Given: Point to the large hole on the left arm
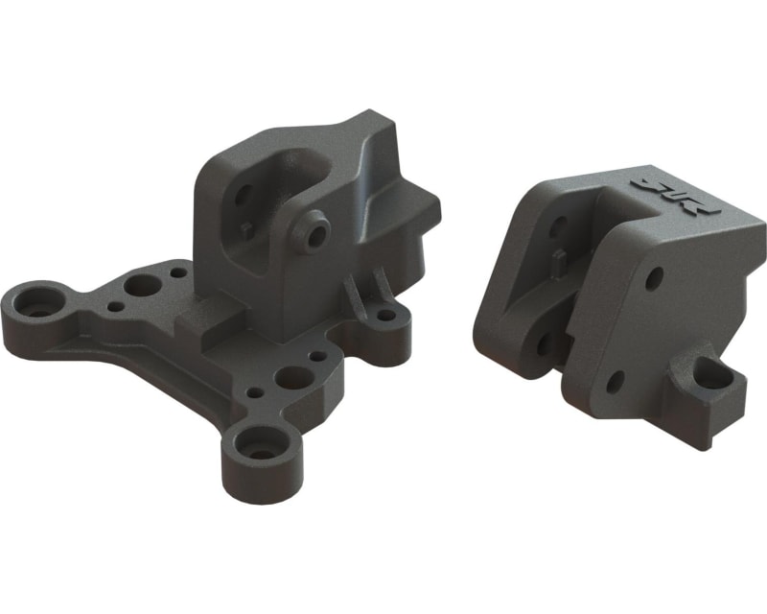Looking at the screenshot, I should point(144,286).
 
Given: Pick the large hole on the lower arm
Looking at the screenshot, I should point(292,378).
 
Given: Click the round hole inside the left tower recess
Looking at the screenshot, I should point(244,195).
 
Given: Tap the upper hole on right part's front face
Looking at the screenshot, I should point(654,280).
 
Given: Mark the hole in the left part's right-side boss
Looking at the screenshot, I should point(385,315).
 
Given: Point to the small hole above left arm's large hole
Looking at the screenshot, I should point(178,273).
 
